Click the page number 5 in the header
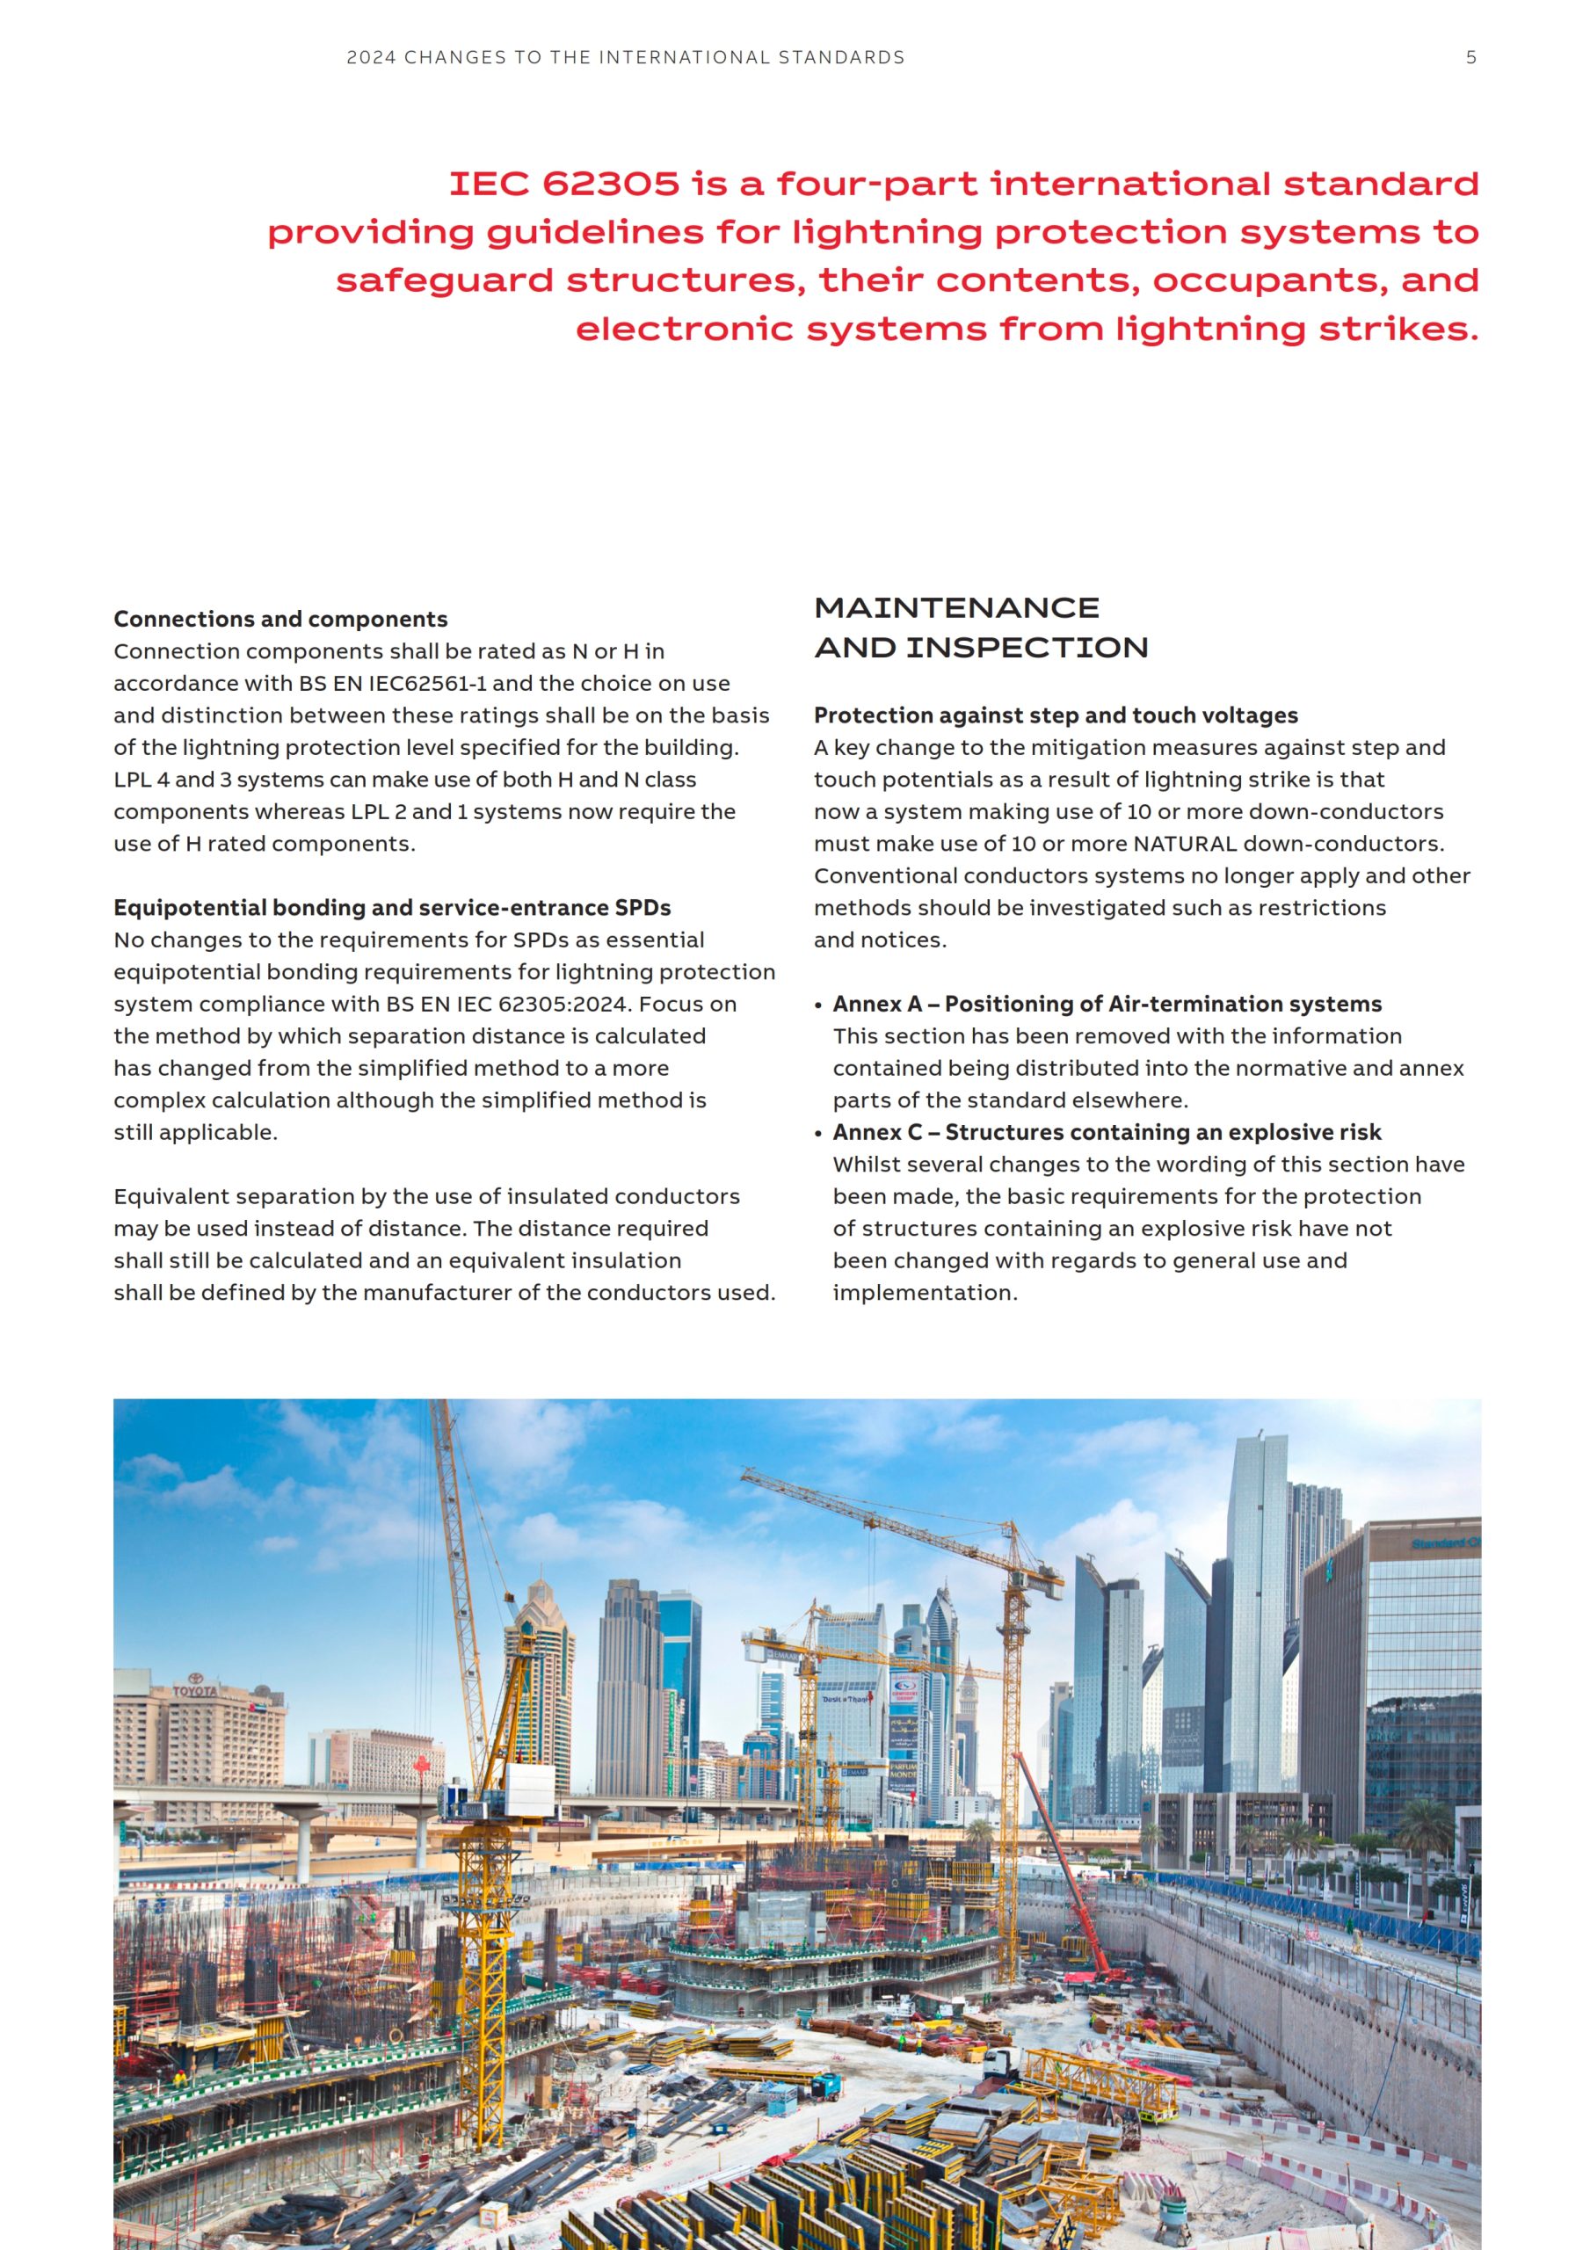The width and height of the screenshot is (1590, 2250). [1470, 58]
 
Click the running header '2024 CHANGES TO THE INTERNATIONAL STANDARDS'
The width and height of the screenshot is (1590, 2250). [626, 58]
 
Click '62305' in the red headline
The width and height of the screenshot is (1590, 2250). [611, 185]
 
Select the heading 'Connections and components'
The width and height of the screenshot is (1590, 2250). [280, 620]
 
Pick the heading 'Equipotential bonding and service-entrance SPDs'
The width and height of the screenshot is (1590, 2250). [392, 907]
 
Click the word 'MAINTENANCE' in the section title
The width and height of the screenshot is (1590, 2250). [957, 608]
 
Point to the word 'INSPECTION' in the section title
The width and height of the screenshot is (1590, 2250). [1027, 648]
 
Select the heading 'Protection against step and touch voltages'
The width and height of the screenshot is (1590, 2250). [1056, 715]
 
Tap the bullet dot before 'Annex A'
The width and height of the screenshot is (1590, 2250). [818, 1005]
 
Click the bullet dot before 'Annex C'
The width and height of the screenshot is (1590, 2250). [818, 1134]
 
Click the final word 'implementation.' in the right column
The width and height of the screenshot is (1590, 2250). [926, 1293]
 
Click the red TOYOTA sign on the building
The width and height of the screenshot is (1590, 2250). [195, 1691]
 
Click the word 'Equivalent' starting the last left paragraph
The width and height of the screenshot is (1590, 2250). [168, 1196]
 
